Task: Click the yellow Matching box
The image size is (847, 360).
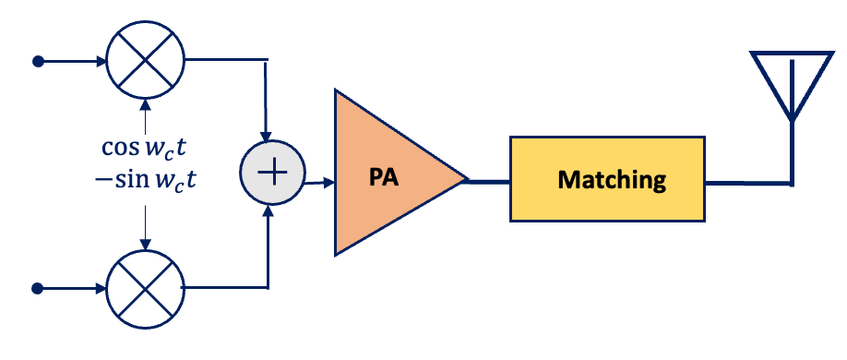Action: [611, 179]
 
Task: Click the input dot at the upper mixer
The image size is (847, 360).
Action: [38, 62]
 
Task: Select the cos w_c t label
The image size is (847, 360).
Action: [145, 148]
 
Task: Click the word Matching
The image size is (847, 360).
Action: [611, 179]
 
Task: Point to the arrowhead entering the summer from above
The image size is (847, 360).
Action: [267, 135]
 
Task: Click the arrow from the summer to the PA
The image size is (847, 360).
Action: [318, 182]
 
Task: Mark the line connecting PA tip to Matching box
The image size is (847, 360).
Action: [489, 181]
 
